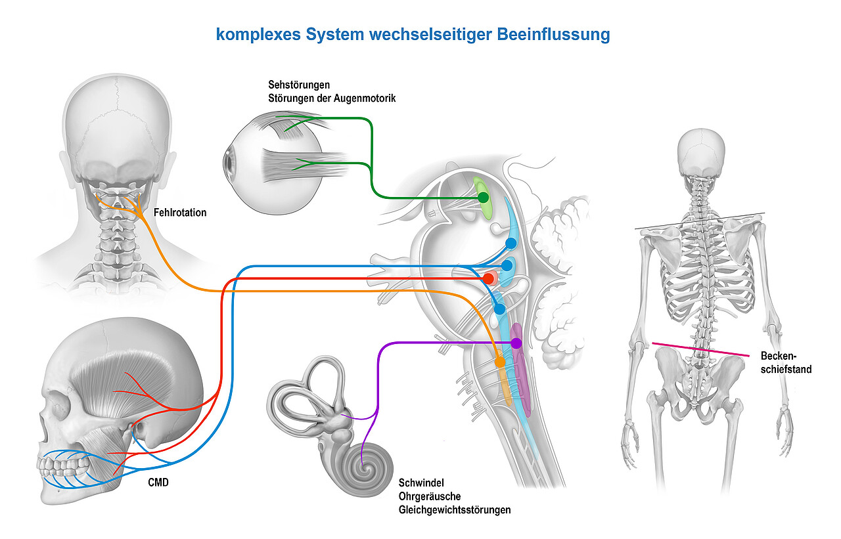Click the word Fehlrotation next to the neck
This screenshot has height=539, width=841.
coord(180,213)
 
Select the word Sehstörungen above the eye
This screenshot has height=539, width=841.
coord(298,85)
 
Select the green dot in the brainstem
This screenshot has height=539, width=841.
coord(483,197)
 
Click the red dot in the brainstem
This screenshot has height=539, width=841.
coord(488,279)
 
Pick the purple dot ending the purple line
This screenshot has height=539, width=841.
coord(516,343)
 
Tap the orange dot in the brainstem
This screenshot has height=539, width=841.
coord(499,362)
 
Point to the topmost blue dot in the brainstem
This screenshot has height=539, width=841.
coord(511,244)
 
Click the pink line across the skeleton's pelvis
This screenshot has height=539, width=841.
coord(700,349)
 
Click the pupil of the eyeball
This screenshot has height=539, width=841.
coord(228,160)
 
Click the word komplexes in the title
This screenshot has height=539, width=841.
coord(258,35)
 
